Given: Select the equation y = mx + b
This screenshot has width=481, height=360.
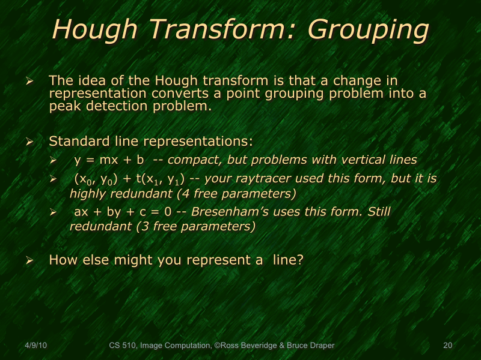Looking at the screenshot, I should pyautogui.click(x=109, y=160).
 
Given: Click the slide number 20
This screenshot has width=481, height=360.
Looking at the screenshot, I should pyautogui.click(x=447, y=346).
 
